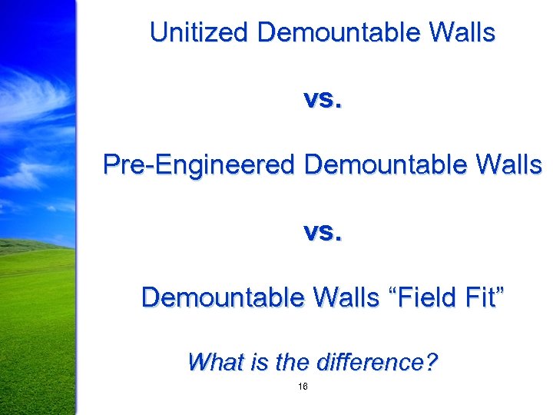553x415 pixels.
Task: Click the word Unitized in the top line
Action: tap(200, 33)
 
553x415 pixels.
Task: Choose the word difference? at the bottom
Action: tap(375, 361)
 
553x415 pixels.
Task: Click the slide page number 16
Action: tap(302, 387)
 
